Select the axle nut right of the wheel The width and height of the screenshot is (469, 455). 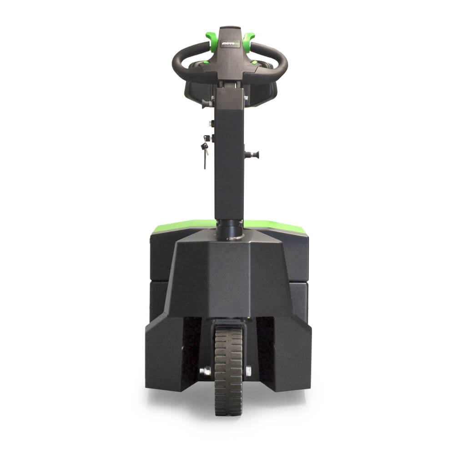[x=248, y=371]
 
